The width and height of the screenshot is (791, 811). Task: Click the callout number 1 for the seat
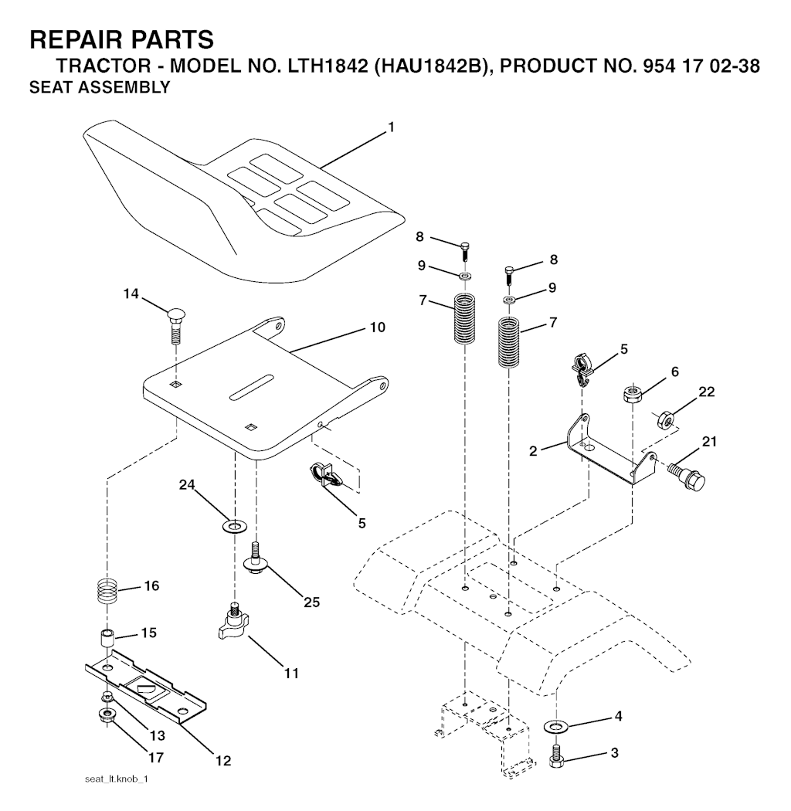(391, 127)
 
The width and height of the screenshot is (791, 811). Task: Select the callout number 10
(377, 327)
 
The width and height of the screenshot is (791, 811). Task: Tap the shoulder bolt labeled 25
(256, 557)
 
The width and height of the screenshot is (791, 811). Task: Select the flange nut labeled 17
(107, 715)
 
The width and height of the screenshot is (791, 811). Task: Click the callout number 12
(222, 761)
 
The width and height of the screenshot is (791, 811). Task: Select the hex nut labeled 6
(633, 395)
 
